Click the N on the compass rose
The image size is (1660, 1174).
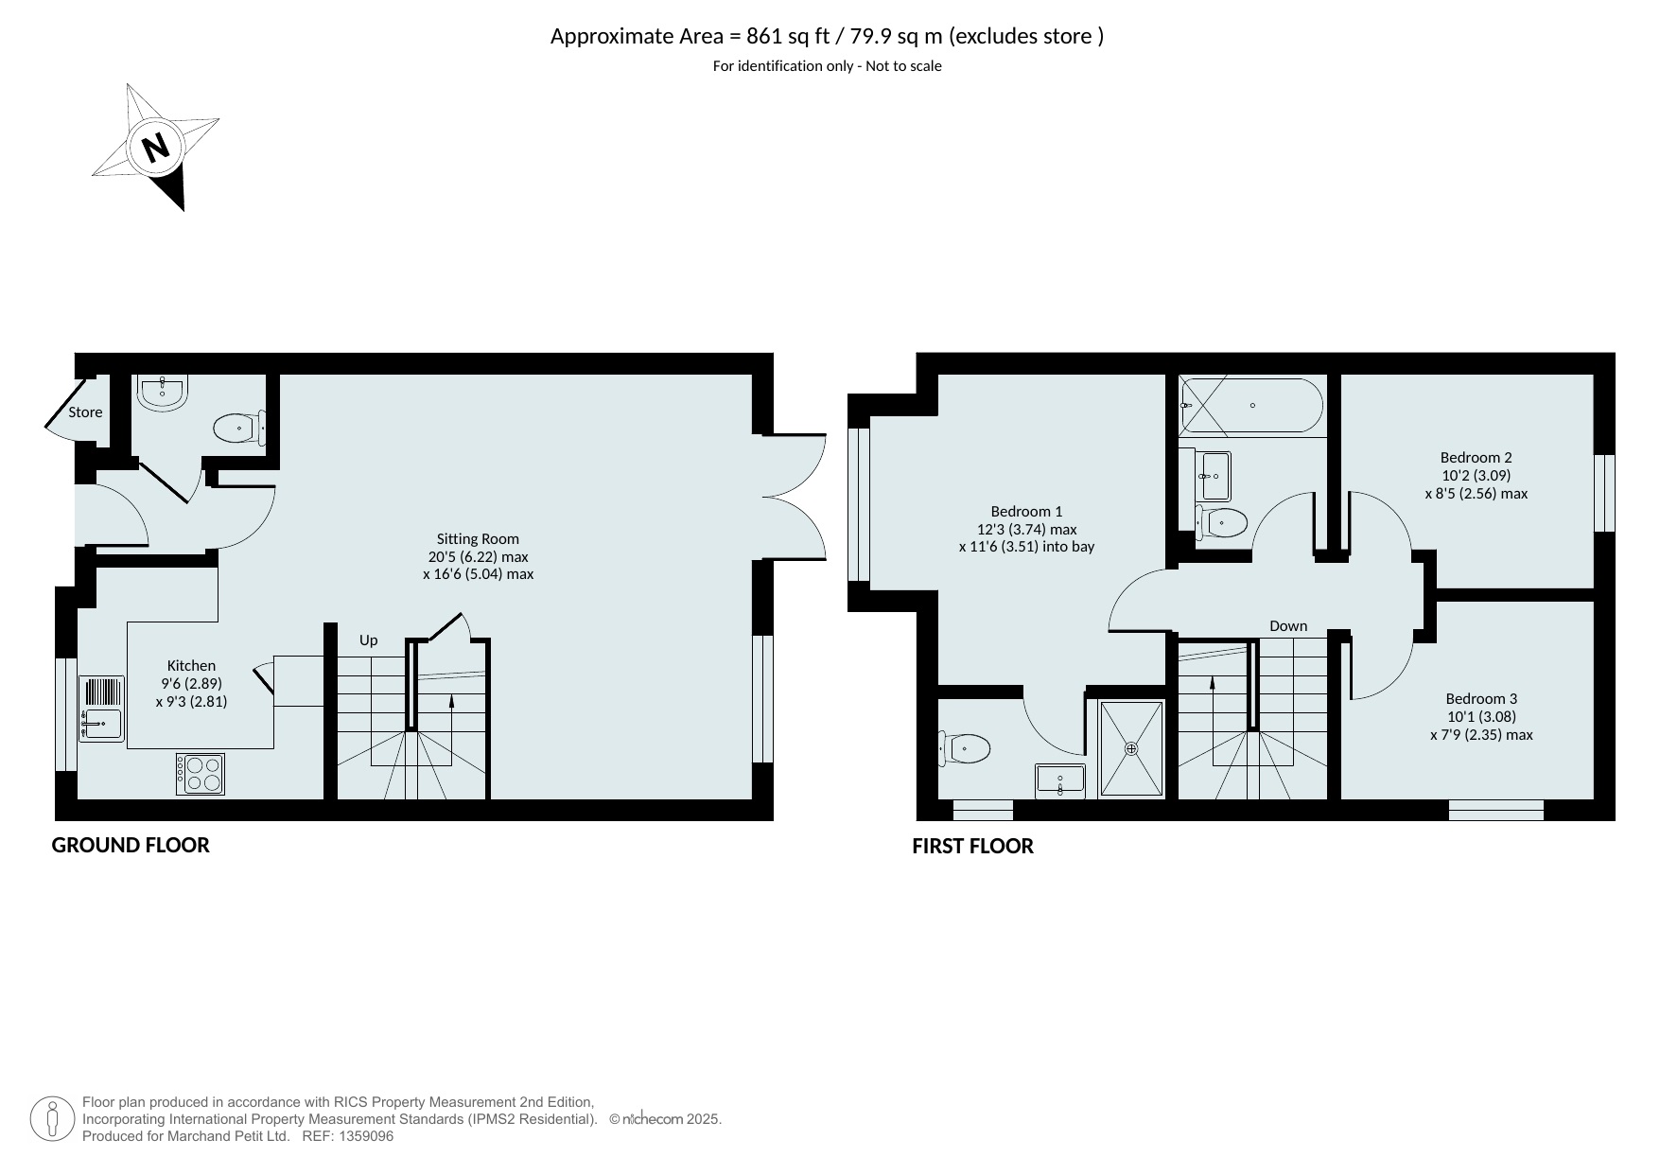[x=156, y=148]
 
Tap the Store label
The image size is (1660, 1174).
[x=85, y=412]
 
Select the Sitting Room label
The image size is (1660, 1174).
[x=478, y=539]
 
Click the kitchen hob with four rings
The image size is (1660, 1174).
[x=201, y=773]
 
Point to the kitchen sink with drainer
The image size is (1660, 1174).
[x=101, y=709]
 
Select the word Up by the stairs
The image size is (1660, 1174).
[x=368, y=640]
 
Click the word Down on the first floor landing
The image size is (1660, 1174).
[x=1288, y=626]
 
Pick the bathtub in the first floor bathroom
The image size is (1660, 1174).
[x=1252, y=406]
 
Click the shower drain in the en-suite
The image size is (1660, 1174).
[x=1131, y=748]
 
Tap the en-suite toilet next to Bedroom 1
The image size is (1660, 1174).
[x=964, y=749]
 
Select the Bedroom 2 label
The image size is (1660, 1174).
[x=1476, y=458]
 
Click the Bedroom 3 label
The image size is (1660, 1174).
[x=1481, y=699]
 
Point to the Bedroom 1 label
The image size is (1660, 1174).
[x=1026, y=512]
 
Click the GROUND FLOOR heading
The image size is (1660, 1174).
[x=131, y=846]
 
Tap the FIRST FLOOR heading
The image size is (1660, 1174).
[x=972, y=847]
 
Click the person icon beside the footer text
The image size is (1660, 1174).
[x=52, y=1119]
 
